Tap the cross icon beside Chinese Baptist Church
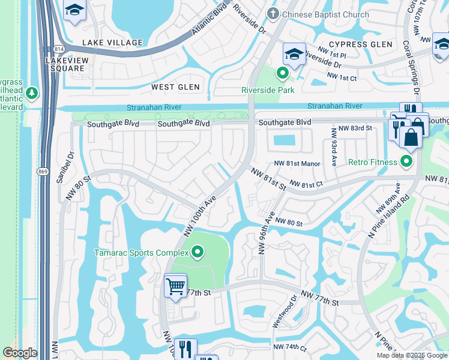[273, 14]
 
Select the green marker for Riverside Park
[282, 74]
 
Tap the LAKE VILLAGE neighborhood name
[112, 43]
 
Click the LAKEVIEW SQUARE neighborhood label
[67, 64]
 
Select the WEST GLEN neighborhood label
[175, 87]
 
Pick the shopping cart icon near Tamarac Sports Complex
[175, 286]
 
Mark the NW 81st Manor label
[297, 163]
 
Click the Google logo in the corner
[20, 353]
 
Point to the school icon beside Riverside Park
[294, 55]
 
